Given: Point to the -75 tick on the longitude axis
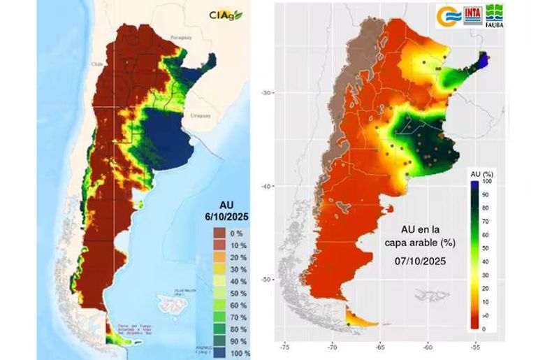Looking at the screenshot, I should tap(284, 345).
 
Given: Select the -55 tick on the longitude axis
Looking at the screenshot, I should tap(475, 345).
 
